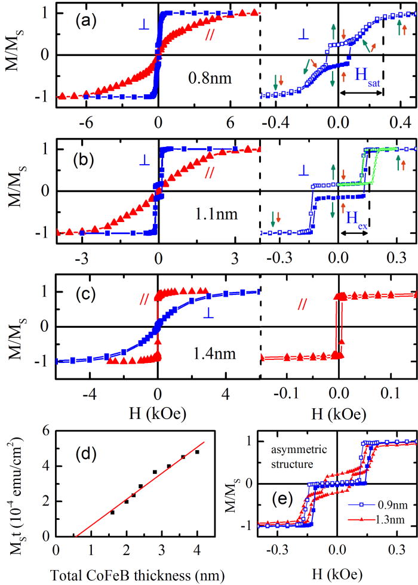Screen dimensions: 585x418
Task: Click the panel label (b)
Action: [x=77, y=158]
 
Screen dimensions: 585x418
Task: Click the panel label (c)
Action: [x=77, y=290]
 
